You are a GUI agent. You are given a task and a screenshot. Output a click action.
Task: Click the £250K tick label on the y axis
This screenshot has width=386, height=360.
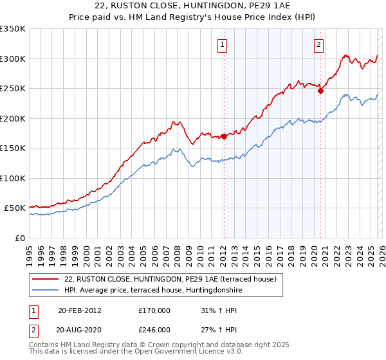pos(13,89)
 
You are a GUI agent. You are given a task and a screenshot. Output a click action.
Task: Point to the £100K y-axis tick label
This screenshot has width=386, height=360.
pos(13,178)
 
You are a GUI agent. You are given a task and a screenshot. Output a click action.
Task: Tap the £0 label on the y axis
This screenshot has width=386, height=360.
pos(19,238)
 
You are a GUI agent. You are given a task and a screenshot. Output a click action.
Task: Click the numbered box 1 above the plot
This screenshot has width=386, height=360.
pos(222,45)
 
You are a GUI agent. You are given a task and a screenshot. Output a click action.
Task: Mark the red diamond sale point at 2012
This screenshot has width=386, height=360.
pos(224,136)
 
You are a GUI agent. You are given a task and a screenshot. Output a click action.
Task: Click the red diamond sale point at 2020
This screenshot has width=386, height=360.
pos(320,91)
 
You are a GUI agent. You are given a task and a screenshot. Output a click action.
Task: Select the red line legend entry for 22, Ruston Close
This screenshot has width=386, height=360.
pos(170,279)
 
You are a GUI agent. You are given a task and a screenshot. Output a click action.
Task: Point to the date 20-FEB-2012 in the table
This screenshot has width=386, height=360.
pos(79,310)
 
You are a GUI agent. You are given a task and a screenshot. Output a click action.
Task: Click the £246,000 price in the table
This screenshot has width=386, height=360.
pos(154,329)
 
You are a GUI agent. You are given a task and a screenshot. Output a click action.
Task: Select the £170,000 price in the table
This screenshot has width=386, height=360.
pos(154,310)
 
